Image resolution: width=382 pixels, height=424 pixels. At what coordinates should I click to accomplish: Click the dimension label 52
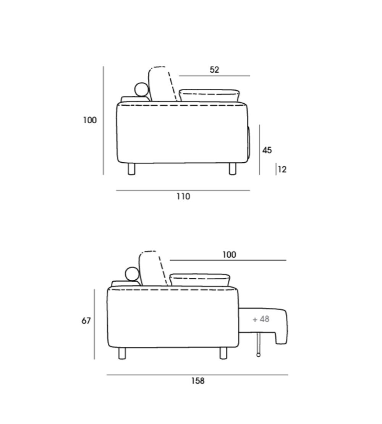point(214,70)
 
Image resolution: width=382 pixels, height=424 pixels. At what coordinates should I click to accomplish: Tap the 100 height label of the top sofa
point(90,120)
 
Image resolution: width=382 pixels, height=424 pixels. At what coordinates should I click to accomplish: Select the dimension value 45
point(267,150)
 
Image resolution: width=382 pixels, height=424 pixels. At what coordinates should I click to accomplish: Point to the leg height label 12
point(282,170)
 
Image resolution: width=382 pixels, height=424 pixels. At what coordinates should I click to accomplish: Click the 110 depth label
point(183,197)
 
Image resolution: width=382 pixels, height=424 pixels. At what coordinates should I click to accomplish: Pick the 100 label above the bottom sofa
point(229,255)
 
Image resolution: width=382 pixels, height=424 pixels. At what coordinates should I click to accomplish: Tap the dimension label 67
point(86,321)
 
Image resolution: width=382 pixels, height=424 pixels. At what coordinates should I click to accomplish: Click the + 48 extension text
point(261,320)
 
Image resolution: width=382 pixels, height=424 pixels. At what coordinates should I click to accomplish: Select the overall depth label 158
point(198,381)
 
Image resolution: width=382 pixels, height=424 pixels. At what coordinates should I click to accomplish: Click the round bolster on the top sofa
point(141,90)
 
